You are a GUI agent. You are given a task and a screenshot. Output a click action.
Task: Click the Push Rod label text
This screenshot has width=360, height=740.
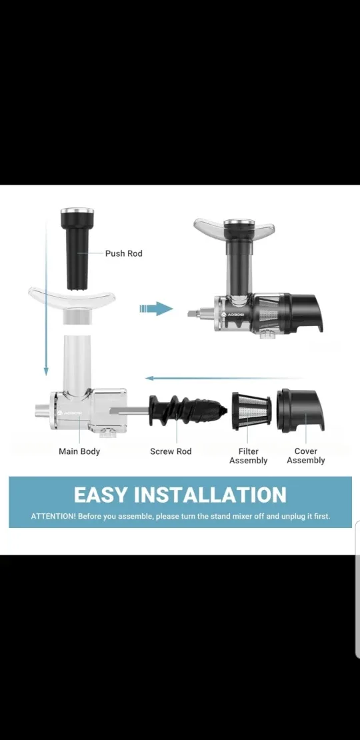coord(123,253)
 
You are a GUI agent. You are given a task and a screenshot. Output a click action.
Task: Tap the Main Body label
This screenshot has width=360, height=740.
coord(79,451)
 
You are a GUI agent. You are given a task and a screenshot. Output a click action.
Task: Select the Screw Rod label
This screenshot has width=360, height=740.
coord(171,451)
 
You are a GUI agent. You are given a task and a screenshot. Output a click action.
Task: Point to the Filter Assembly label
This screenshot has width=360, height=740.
coord(248,456)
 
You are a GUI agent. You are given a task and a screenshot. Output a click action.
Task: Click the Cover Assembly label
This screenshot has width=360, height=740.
coord(306,456)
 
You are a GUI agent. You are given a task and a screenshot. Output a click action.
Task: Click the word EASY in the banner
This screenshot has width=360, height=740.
coord(101,495)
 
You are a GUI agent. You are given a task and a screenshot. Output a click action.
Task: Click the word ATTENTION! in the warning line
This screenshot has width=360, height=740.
coord(53,517)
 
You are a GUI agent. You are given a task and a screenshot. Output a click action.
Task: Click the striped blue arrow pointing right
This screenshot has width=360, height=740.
coord(156,309)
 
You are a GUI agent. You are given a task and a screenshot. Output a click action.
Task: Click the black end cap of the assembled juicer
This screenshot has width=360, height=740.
coord(307,312)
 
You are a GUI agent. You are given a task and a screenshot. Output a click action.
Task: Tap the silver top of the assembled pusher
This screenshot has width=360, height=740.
coord(237,223)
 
